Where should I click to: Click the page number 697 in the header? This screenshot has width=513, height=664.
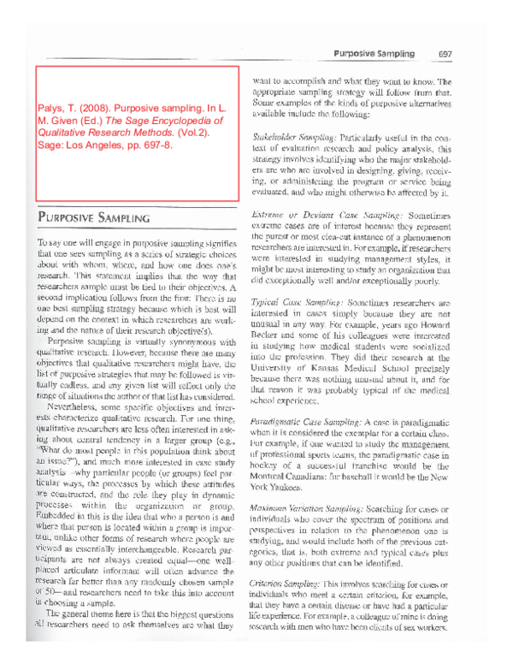click(x=445, y=53)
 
